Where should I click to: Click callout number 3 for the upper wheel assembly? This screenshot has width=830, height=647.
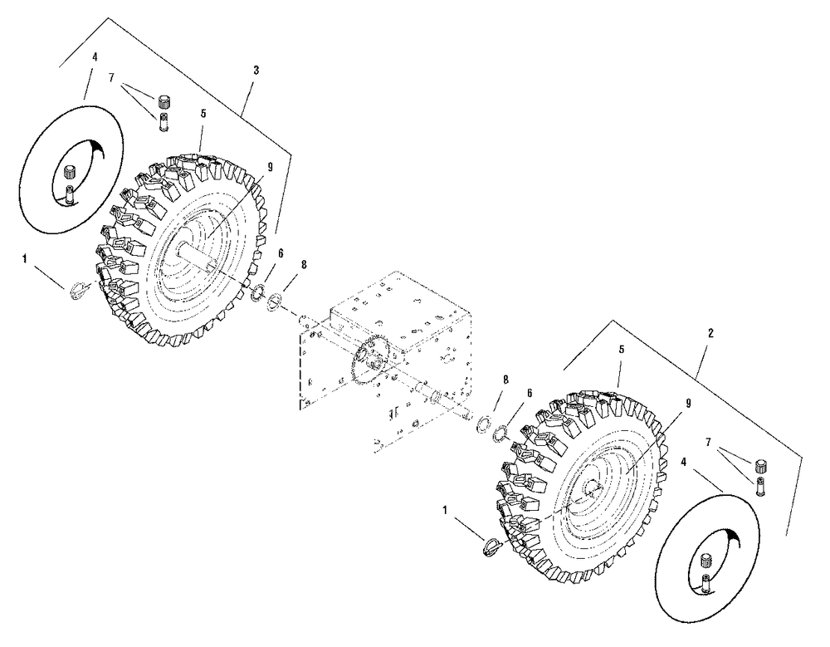coord(256,71)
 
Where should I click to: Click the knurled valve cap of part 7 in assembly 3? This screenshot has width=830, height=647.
coord(164,102)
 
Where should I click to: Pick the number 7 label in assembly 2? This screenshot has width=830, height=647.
coord(708,444)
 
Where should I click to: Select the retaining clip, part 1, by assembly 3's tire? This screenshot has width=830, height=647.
coord(76,288)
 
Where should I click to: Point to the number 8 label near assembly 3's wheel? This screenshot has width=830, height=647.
coord(304,264)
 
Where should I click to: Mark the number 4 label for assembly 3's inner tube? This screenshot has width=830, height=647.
coord(95,57)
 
